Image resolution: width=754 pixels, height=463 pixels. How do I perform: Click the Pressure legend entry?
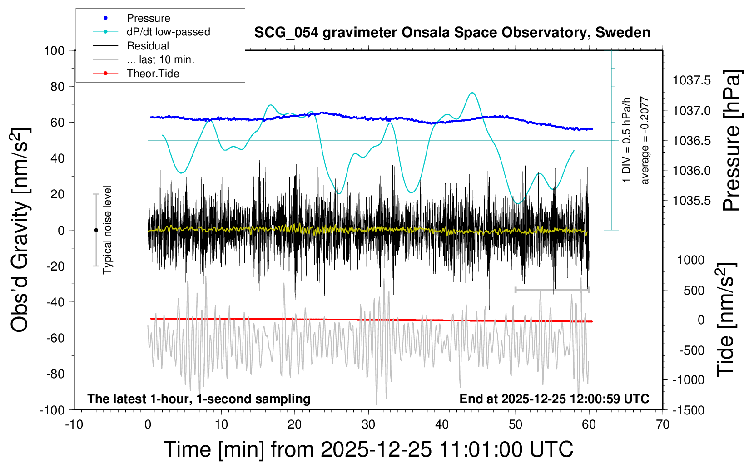coord(148,18)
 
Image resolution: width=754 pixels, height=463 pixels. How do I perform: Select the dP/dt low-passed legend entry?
coord(168,32)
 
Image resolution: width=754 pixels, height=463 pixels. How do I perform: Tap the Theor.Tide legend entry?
coord(153,74)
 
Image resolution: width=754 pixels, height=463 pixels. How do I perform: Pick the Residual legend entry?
coord(148,46)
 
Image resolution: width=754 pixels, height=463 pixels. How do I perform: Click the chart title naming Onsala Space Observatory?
coord(452,33)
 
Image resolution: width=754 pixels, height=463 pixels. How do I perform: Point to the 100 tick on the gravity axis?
coord(54,50)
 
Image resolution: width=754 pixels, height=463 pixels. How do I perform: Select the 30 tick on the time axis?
coord(368,424)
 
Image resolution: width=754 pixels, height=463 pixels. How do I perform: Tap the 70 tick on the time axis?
coord(663,424)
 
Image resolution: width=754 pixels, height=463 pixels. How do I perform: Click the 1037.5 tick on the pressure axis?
coord(692,81)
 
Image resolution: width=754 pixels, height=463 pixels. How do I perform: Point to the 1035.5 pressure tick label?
coord(692,201)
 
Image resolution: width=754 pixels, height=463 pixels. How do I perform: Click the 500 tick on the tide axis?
coord(694,291)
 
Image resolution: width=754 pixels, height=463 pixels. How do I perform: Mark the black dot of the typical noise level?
coord(96,230)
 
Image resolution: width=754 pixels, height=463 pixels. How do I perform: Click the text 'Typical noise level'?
coord(107,230)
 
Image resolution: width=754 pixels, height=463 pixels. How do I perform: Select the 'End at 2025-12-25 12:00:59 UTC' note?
coord(554,399)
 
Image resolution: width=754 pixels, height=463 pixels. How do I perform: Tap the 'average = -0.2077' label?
coord(645,140)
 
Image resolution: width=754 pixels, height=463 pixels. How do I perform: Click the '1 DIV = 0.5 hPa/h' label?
coord(627,140)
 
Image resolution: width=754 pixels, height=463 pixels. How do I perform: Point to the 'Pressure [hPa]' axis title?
coord(732,140)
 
